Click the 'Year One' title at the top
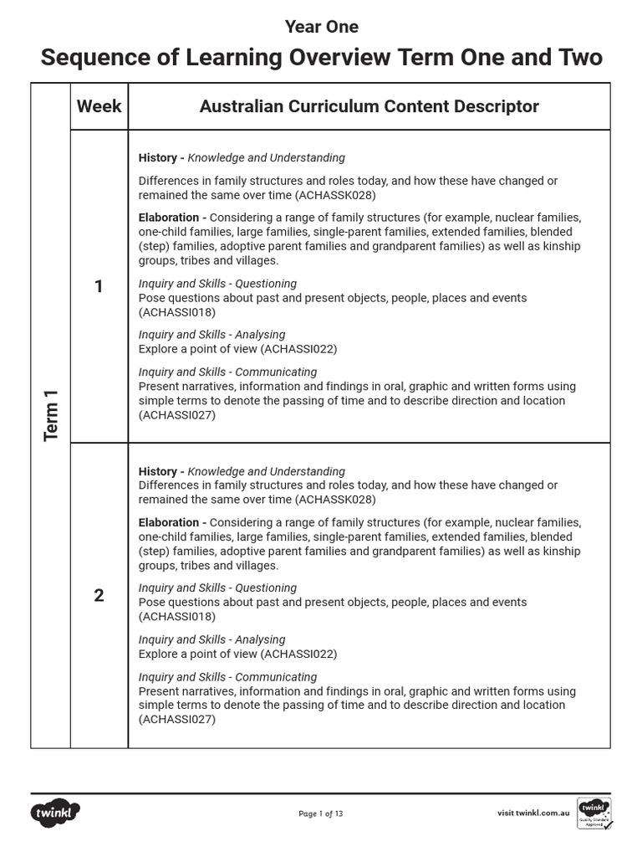point(321,27)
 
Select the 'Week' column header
point(99,106)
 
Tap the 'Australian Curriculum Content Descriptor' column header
point(369,106)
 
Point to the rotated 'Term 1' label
point(51,421)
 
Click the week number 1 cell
point(99,287)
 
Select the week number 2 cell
point(99,596)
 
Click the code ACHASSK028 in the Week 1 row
point(330,195)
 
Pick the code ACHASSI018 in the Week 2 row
point(177,617)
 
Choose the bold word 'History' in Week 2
point(157,471)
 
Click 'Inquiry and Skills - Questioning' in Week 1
point(217,284)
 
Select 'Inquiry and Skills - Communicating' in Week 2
point(227,677)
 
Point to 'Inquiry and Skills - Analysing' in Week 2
point(211,639)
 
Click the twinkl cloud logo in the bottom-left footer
point(56,812)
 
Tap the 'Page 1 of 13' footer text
point(321,813)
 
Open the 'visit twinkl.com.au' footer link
point(533,813)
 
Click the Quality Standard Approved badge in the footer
point(594,813)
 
